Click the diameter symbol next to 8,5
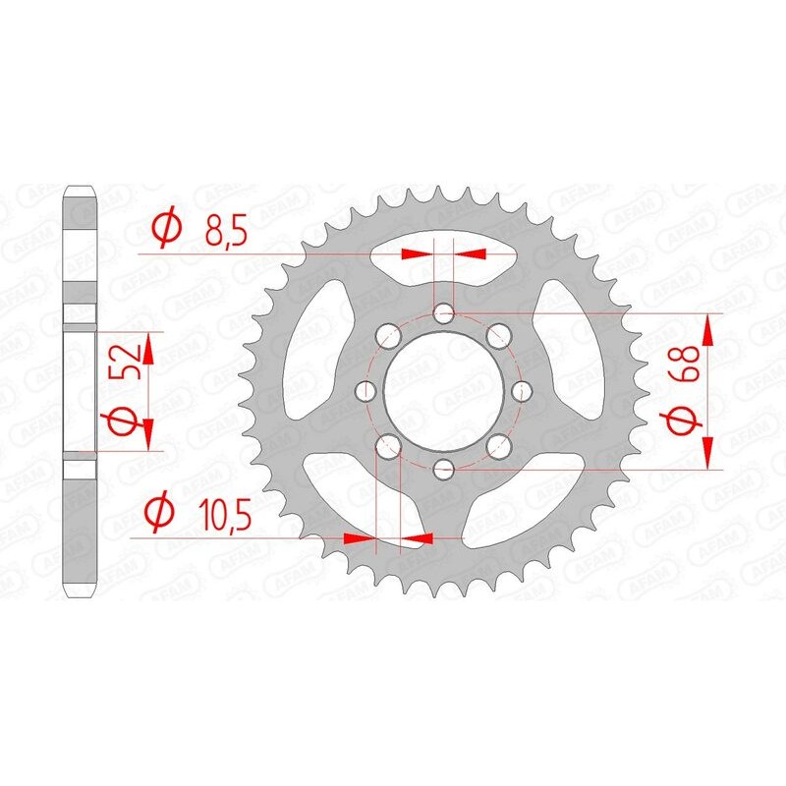coord(164,230)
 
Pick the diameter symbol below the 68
coord(685,421)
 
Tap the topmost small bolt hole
coord(445,314)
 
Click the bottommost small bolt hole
coord(445,468)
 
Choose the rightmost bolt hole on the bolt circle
coord(521,392)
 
